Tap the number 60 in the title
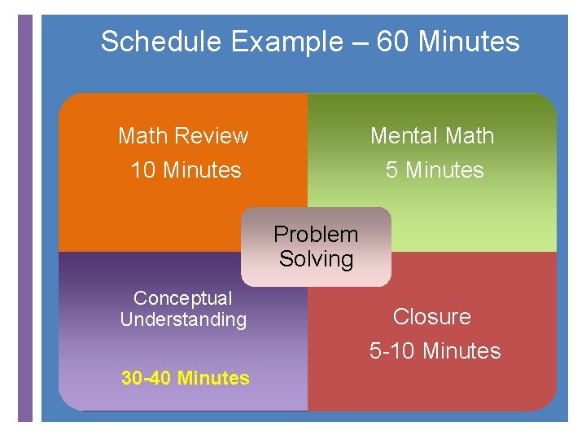pos(393,42)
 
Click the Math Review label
pos(183,135)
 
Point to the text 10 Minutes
pos(186,170)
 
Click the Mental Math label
pos(432,135)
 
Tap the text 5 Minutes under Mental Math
pos(435,170)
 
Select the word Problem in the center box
pos(316,235)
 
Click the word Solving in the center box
pos(316,259)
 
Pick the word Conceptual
pos(182,299)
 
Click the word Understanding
pos(183,319)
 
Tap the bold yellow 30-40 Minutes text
pos(186,378)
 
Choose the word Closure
pos(432,316)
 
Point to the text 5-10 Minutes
pos(435,351)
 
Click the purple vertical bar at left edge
pos(25,220)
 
